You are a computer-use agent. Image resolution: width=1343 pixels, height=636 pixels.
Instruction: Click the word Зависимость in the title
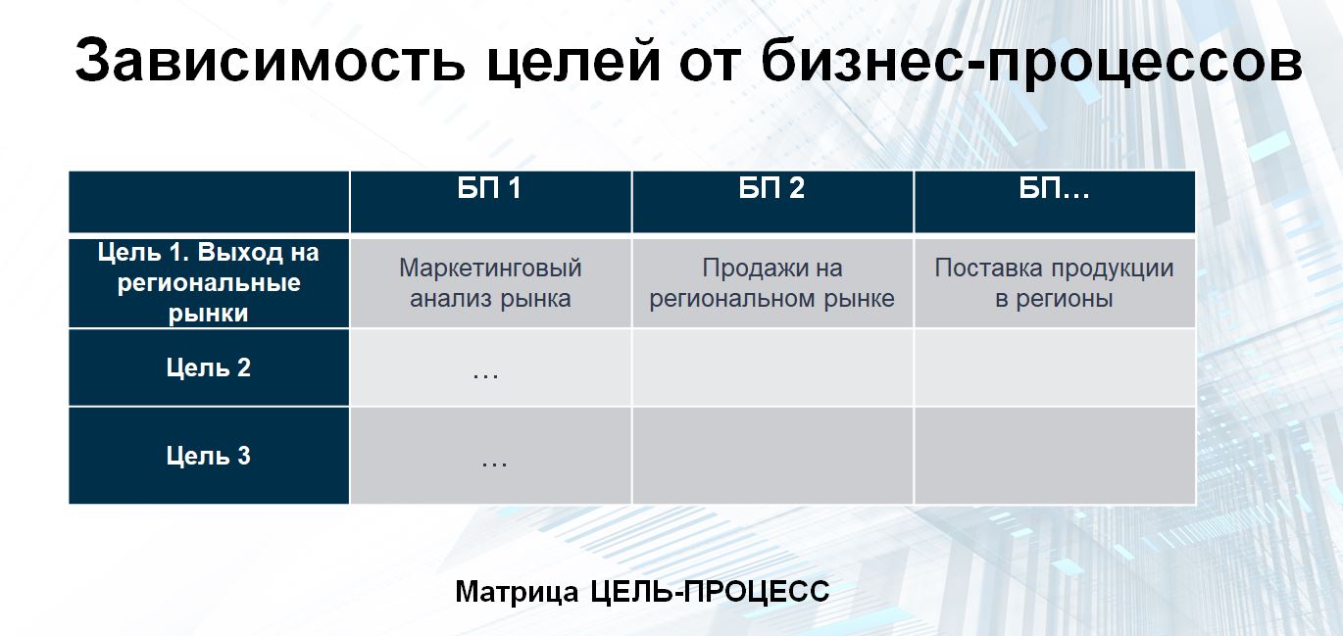(270, 60)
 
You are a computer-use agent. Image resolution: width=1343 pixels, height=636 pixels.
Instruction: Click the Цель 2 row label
(209, 367)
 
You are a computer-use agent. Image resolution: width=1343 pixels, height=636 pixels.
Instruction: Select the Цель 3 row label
(209, 456)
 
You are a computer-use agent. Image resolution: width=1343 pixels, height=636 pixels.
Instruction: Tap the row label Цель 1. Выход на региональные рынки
(209, 282)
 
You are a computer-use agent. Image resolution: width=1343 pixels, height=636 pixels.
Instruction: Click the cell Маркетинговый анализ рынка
(490, 283)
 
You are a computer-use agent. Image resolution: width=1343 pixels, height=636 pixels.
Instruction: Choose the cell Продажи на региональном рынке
(772, 283)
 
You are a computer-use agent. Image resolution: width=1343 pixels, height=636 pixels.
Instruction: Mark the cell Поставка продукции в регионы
(1054, 283)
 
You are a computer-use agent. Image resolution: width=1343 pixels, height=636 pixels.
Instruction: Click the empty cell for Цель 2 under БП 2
(772, 367)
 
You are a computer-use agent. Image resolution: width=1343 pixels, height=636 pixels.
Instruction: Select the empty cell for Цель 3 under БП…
(1055, 456)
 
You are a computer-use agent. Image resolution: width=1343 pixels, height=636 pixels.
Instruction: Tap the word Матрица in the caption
(517, 592)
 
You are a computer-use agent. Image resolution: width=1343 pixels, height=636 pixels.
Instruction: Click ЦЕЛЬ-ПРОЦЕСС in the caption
(710, 592)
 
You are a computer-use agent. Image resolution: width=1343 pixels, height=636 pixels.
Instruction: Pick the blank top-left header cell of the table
(209, 202)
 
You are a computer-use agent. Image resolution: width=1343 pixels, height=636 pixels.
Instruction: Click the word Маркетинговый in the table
(490, 268)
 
